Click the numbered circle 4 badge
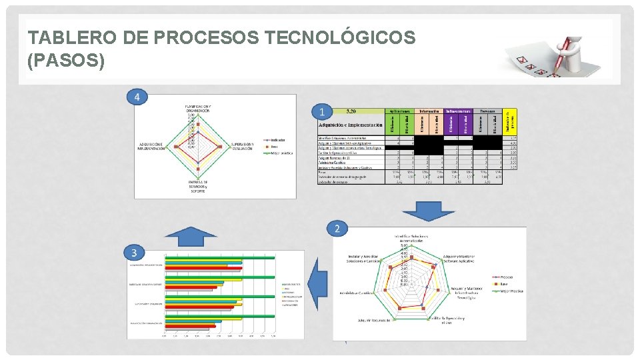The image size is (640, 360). pyautogui.click(x=137, y=97)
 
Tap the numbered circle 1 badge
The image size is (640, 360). pyautogui.click(x=323, y=111)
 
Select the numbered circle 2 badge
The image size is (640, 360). pyautogui.click(x=338, y=229)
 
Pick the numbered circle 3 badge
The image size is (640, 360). pyautogui.click(x=135, y=252)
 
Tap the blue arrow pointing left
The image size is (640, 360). pyautogui.click(x=319, y=283)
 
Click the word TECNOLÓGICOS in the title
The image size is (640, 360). pyautogui.click(x=339, y=38)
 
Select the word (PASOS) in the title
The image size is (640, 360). pyautogui.click(x=66, y=61)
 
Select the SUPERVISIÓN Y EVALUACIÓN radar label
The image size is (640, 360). pyautogui.click(x=242, y=146)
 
